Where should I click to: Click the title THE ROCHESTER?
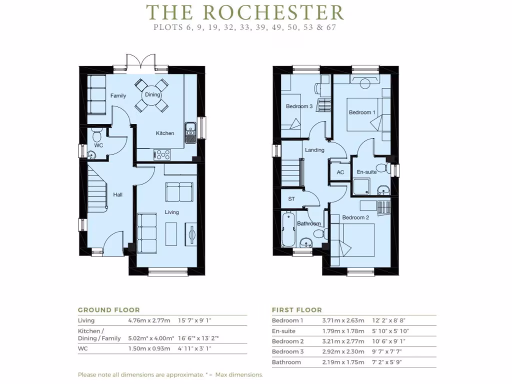(x=245, y=12)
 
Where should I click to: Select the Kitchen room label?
(x=165, y=133)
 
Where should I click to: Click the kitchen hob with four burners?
(x=162, y=154)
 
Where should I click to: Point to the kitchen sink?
(x=190, y=132)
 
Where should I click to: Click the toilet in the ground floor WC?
(x=97, y=135)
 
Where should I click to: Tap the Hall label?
(x=117, y=194)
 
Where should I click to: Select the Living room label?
(x=172, y=212)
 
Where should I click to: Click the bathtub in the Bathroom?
(x=288, y=230)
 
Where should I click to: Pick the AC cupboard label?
(x=340, y=172)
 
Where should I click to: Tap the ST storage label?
(x=291, y=198)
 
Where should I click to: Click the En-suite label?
(x=366, y=172)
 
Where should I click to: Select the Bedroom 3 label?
(x=299, y=106)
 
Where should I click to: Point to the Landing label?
(x=314, y=149)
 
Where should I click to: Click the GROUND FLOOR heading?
(x=108, y=310)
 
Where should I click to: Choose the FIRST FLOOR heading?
(x=296, y=310)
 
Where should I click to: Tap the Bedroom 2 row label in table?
(x=287, y=341)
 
